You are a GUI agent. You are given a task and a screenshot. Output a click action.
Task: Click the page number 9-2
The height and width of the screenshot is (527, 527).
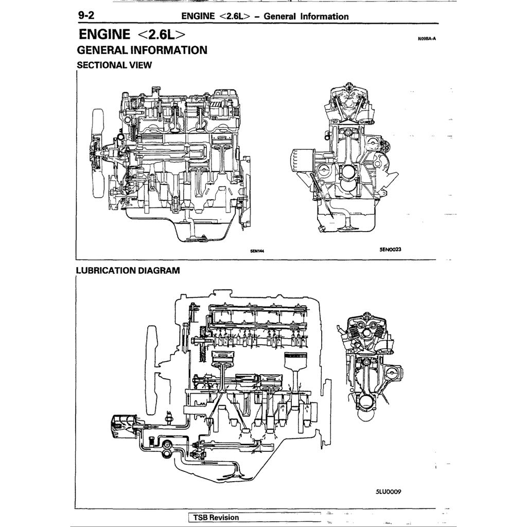coord(85,15)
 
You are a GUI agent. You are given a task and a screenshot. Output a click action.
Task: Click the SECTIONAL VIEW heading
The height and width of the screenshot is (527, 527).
coord(114,65)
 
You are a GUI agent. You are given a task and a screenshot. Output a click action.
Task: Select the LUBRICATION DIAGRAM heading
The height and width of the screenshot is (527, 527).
coord(128,270)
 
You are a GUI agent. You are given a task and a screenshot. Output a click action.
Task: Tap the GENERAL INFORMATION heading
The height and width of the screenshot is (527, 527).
coord(142,50)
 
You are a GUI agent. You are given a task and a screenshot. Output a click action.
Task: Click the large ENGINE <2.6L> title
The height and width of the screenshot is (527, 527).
coord(132,34)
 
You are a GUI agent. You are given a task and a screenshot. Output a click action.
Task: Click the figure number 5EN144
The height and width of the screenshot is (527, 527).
coord(257,252)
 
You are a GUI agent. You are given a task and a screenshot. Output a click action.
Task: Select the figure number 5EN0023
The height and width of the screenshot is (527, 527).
coord(390,249)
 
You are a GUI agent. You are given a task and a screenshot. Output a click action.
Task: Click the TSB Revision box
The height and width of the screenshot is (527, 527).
coord(216,517)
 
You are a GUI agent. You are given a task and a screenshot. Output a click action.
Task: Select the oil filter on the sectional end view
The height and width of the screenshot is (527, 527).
coord(300,164)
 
